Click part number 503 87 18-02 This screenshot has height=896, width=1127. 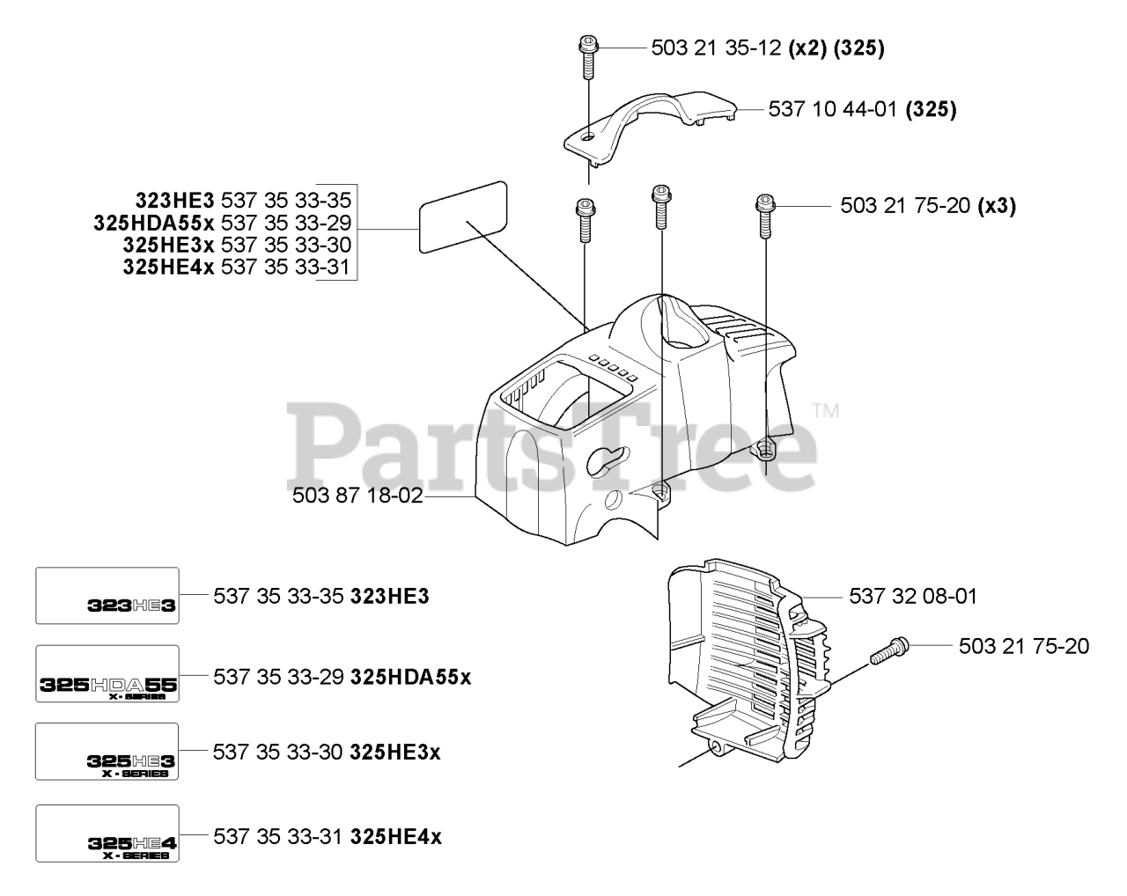[x=357, y=496]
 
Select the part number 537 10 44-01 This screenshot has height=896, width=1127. [x=832, y=110]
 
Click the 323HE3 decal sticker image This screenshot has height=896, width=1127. [x=107, y=596]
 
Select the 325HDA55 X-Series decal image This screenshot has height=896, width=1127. [x=107, y=674]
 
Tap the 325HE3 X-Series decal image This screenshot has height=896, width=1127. [x=107, y=752]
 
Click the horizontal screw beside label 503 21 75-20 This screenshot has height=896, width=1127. [x=889, y=650]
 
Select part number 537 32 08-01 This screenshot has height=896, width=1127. [x=913, y=597]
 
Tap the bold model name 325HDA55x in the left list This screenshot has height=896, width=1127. [x=154, y=223]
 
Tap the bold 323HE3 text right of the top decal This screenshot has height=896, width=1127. [x=389, y=597]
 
